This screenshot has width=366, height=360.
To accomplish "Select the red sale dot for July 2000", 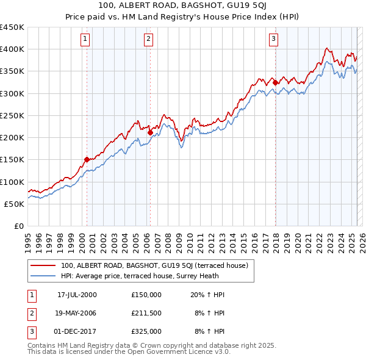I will point(87,159).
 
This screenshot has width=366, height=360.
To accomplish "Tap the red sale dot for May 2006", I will point(150,131).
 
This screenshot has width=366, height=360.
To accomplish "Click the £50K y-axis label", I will point(15,204).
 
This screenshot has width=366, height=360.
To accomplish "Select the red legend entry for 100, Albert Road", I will point(154,265).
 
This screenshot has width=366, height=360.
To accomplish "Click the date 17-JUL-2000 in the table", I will point(77,295).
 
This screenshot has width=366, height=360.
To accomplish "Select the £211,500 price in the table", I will point(146,313).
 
